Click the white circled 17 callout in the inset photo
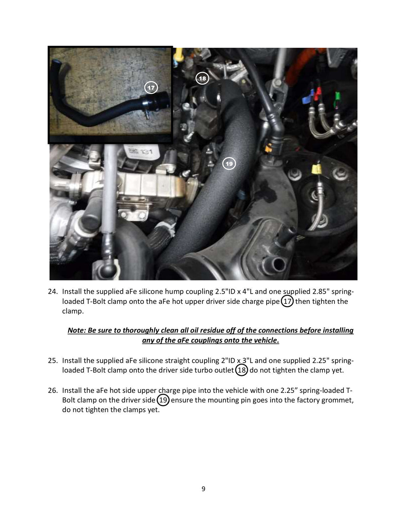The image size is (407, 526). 151,88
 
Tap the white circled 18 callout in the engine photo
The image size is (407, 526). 202,78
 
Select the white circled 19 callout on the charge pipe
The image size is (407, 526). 229,164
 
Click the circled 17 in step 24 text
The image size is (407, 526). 287,301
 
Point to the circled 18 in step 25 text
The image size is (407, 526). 241,370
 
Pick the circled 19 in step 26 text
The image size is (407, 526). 163,400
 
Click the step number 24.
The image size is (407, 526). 53,291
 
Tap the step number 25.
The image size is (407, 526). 53,360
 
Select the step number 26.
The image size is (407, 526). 53,390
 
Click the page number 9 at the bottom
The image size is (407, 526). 203,489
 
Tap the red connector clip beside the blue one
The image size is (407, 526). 318,93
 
